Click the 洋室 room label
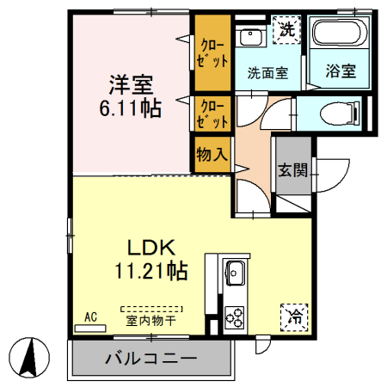click(x=131, y=85)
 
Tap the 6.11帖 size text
click(x=131, y=109)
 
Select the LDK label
click(x=152, y=248)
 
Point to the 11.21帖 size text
click(x=153, y=271)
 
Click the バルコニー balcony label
click(x=151, y=358)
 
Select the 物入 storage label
click(x=212, y=156)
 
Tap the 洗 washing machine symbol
click(x=287, y=29)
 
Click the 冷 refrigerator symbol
click(x=293, y=316)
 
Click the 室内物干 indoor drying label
click(x=151, y=322)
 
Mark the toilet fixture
click(x=331, y=113)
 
